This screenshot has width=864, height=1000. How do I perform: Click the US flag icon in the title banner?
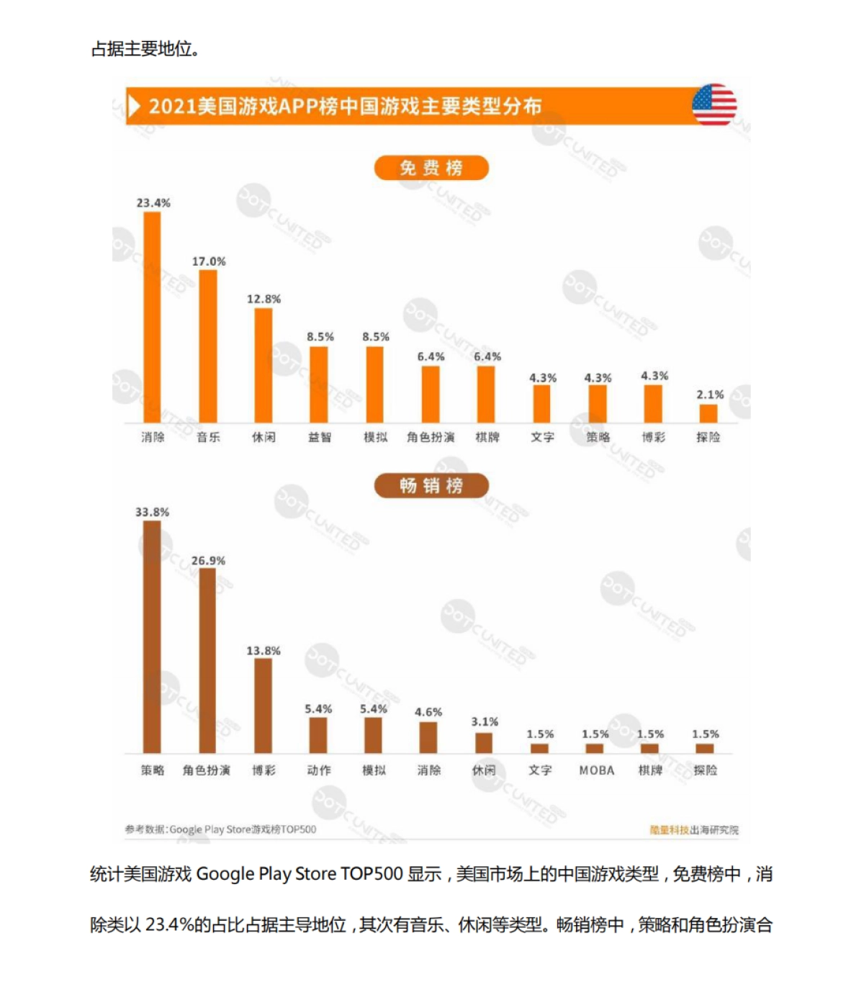click(714, 105)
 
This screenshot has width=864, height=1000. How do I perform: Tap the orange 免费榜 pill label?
click(431, 168)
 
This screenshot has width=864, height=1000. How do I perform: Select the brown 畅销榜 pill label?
click(431, 486)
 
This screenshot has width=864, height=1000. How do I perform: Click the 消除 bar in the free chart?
click(153, 317)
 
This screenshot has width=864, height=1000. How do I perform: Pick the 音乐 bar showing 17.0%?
click(208, 346)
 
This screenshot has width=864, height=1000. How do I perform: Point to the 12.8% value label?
click(264, 299)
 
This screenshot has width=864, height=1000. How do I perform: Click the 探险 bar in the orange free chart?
click(708, 413)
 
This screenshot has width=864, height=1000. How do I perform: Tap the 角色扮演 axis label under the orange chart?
click(431, 437)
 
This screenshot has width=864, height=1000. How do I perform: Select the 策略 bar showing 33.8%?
click(152, 636)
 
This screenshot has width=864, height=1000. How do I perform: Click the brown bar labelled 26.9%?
click(207, 660)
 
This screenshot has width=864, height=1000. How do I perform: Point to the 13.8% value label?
click(264, 651)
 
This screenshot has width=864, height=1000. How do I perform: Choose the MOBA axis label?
click(597, 770)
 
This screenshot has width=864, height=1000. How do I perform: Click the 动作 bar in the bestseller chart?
click(318, 735)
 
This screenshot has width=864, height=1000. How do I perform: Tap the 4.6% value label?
click(428, 712)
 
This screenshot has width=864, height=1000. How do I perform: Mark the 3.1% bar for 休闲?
click(484, 743)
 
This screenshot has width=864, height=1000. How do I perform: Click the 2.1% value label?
click(710, 395)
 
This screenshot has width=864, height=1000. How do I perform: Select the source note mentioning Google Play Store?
click(220, 829)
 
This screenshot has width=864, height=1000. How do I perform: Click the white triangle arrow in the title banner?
click(134, 106)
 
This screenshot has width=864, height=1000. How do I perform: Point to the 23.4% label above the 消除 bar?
click(153, 203)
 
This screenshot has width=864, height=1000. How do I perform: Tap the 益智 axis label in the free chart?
click(320, 437)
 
